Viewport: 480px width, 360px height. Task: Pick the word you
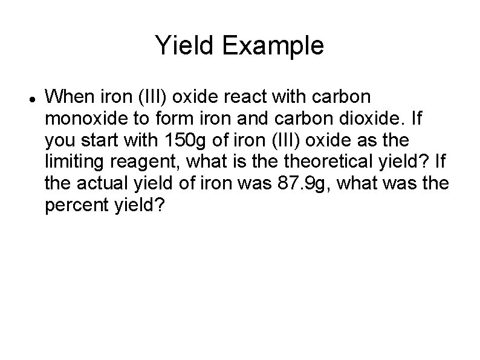point(57,140)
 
